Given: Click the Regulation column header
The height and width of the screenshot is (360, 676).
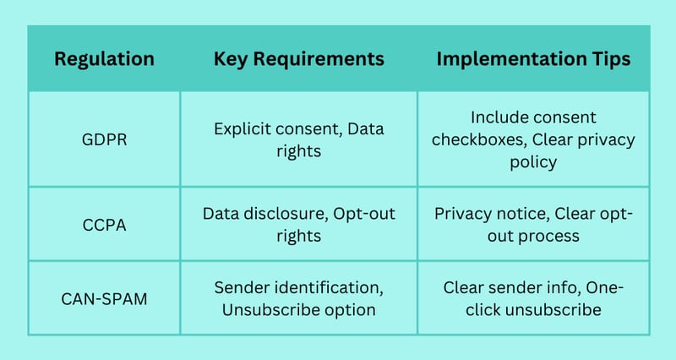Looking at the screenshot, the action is [x=104, y=59].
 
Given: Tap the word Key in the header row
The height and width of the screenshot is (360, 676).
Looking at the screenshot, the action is [x=230, y=59].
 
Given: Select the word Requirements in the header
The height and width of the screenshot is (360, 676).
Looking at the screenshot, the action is [x=319, y=59].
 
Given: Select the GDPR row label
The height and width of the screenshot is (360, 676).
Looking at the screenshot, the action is [x=104, y=139].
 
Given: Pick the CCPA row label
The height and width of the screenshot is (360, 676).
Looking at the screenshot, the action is [x=104, y=225].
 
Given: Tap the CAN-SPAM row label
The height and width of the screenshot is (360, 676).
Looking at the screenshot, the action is [x=104, y=299].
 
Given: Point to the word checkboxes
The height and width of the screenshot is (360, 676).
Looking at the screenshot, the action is [x=479, y=139].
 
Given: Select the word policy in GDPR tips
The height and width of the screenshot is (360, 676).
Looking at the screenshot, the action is [x=533, y=162].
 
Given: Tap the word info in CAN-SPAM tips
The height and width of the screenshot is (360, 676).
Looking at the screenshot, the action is [x=564, y=287].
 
